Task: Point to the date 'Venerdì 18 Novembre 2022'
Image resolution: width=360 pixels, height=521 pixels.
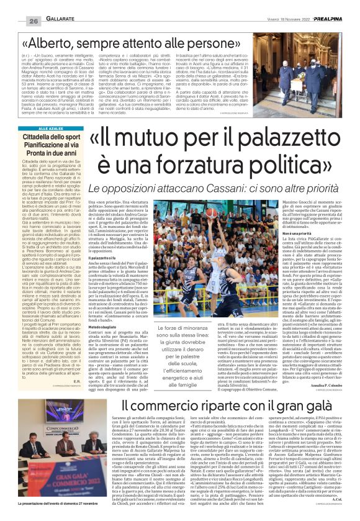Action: pos(283,6)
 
